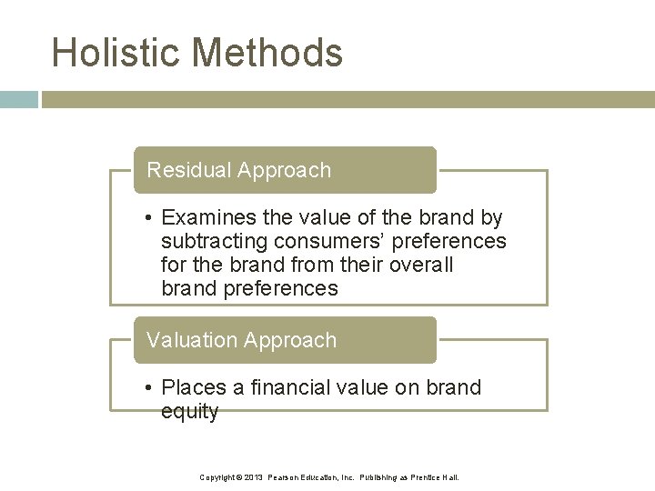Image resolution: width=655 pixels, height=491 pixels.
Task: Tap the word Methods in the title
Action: pos(267,52)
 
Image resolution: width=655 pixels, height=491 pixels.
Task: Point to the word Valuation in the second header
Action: pos(189,340)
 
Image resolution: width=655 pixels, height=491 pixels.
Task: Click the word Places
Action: pos(193,387)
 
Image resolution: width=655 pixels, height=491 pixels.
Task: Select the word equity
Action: pos(189,412)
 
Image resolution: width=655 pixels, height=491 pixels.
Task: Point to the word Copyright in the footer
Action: pos(217,477)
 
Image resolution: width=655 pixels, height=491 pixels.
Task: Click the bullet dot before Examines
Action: pos(148,219)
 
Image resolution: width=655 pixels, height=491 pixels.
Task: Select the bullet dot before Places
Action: pos(148,388)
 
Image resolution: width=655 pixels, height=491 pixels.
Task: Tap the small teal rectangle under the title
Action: pos(18,99)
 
